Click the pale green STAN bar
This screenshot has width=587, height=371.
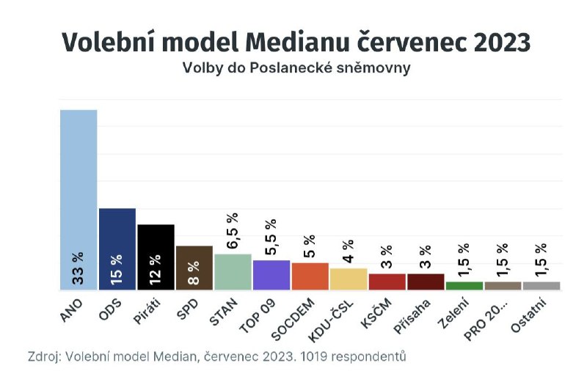pyautogui.click(x=233, y=272)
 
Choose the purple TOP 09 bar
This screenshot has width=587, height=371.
pyautogui.click(x=271, y=275)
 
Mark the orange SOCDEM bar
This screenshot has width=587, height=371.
pyautogui.click(x=310, y=276)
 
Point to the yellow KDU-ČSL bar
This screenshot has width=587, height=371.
pyautogui.click(x=349, y=279)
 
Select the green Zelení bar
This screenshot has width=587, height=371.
pyautogui.click(x=464, y=285)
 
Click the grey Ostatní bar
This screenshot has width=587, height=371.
pyautogui.click(x=542, y=285)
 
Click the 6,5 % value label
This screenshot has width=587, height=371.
pyautogui.click(x=233, y=232)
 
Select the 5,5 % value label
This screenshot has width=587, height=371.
pyautogui.click(x=271, y=238)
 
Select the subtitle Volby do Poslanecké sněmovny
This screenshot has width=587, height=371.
pyautogui.click(x=296, y=69)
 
